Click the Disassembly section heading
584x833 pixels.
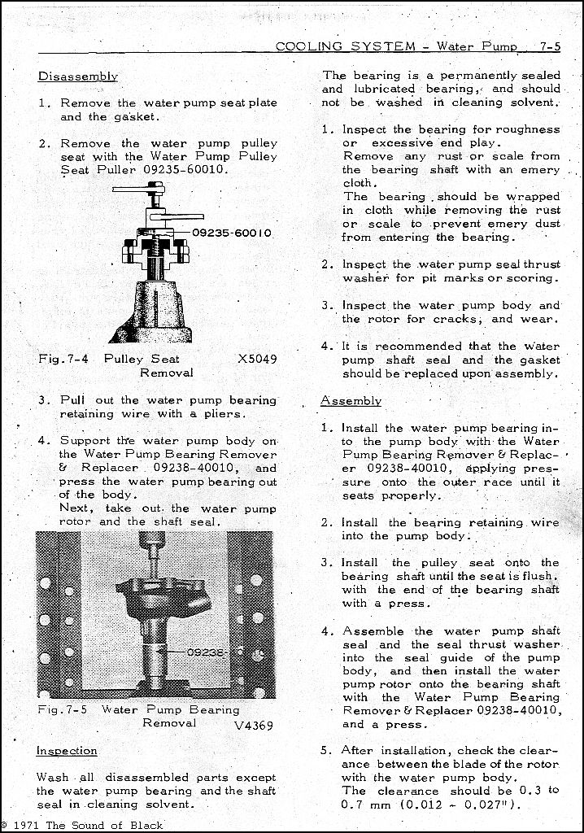point(78,76)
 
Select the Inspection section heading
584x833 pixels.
point(67,751)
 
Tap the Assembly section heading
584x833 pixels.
point(351,401)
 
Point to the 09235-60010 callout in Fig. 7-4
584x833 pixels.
point(233,233)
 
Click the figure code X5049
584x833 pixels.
point(257,359)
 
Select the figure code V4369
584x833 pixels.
point(254,726)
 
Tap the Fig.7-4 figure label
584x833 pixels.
point(63,359)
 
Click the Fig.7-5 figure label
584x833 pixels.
point(63,709)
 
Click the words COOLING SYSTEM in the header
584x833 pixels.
point(346,46)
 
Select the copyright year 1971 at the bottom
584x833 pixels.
point(31,825)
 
